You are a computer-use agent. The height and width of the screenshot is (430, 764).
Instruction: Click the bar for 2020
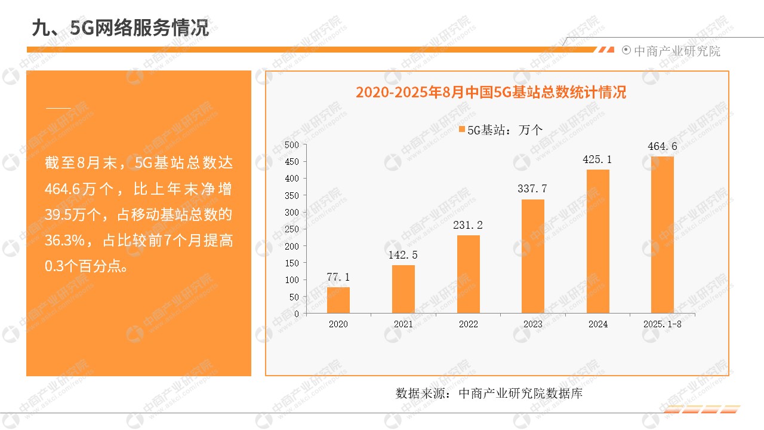click(x=338, y=300)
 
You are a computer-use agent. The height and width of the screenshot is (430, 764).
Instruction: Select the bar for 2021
click(x=403, y=289)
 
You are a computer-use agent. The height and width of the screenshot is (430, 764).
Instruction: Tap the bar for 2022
click(x=469, y=274)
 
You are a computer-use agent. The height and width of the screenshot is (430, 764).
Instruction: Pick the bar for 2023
click(x=533, y=256)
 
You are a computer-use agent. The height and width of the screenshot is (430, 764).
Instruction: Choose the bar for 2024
click(x=598, y=241)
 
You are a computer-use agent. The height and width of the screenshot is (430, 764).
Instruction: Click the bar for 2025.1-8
click(x=663, y=235)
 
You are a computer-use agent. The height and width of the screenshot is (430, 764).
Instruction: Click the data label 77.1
click(x=338, y=277)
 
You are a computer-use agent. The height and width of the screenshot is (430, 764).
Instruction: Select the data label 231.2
click(x=469, y=225)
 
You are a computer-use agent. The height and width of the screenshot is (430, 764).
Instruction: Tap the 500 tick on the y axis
click(x=292, y=145)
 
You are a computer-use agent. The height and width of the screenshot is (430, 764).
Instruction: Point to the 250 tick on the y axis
click(x=292, y=229)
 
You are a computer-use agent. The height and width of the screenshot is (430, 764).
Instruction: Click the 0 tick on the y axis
click(x=297, y=314)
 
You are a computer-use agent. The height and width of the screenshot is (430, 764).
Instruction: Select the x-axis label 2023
click(x=533, y=324)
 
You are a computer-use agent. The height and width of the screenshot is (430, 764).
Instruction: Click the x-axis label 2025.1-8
click(x=663, y=324)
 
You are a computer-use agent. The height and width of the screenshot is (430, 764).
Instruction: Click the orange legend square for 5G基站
click(x=462, y=129)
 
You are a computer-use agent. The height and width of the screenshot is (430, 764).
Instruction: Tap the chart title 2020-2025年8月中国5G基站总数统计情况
click(x=491, y=93)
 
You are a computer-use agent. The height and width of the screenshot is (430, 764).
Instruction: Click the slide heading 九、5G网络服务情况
click(x=120, y=27)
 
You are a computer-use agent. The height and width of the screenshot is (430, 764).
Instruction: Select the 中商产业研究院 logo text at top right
click(x=677, y=51)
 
